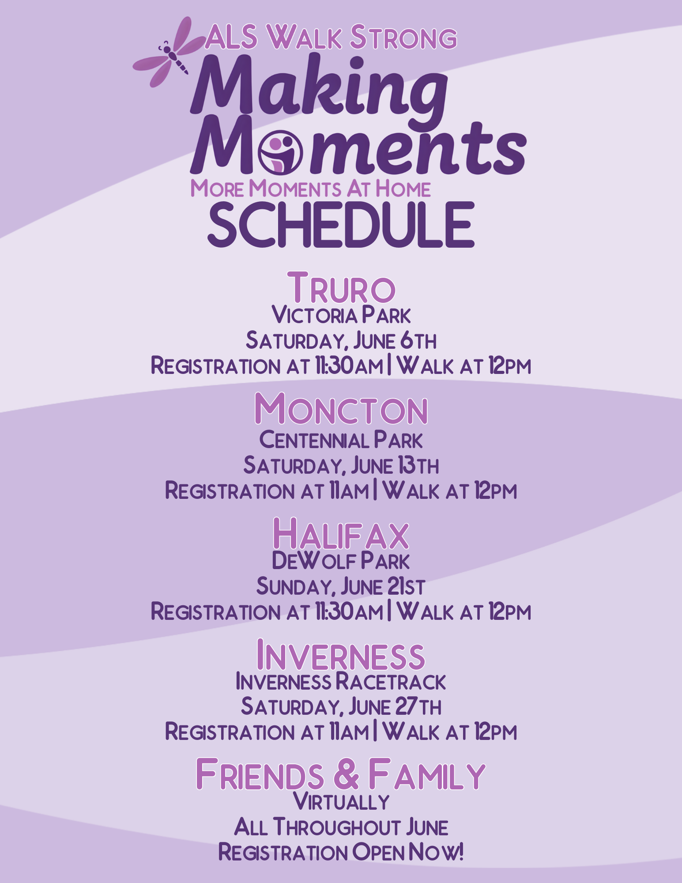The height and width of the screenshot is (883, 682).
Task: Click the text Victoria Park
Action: click(341, 315)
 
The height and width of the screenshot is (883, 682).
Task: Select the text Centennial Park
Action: click(341, 440)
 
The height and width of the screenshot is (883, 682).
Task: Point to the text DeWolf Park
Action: click(341, 561)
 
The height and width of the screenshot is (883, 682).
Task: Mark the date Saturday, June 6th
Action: click(341, 340)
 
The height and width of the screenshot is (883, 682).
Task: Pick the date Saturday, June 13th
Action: click(341, 465)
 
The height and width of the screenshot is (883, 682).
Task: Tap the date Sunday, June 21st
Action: click(341, 586)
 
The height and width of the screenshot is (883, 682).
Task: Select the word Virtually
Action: click(341, 802)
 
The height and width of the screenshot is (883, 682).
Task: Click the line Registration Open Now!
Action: click(341, 852)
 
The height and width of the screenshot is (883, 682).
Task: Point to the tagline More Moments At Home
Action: click(310, 189)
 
